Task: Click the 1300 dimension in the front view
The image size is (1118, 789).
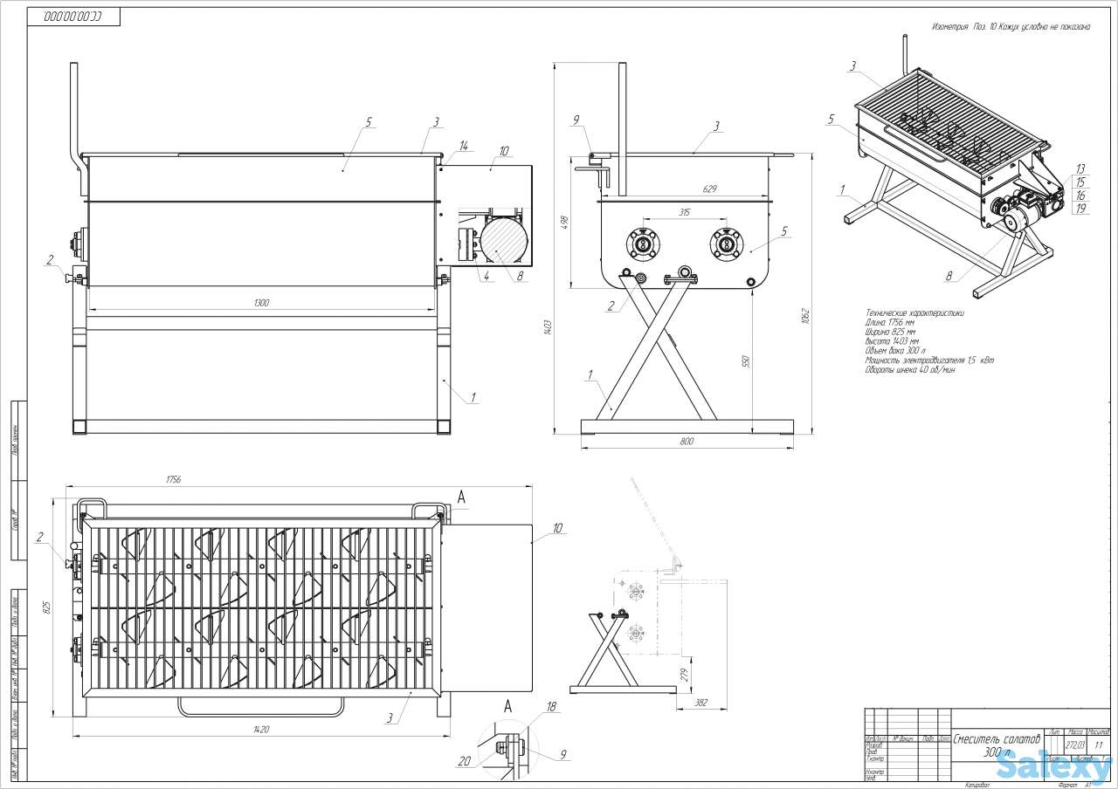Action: point(261,303)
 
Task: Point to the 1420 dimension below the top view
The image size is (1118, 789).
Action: point(259,730)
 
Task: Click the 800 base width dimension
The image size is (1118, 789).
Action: point(686,442)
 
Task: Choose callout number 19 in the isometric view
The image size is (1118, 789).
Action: point(1080,209)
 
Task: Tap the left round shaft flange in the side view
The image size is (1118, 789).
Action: point(645,244)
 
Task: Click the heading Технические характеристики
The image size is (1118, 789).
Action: point(914,312)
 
